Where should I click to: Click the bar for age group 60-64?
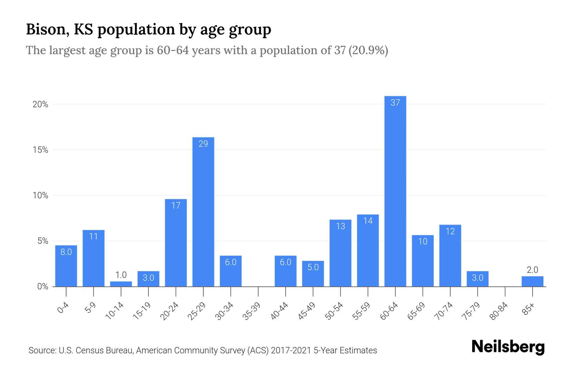[x=395, y=191]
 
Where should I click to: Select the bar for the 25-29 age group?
[x=203, y=212]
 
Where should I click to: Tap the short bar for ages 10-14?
[x=121, y=284]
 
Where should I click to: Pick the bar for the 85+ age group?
[x=532, y=281]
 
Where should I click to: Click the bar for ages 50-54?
[x=340, y=253]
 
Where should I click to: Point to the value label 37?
[x=395, y=103]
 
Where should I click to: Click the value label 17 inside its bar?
[x=176, y=206]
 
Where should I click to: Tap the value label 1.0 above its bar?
[x=121, y=275]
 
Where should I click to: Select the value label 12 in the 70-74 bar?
[x=450, y=231]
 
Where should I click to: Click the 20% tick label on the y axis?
[x=40, y=104]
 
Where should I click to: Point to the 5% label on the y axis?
[x=43, y=241]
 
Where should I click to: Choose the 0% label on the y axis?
[x=43, y=286]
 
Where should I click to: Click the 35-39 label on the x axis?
[x=251, y=311]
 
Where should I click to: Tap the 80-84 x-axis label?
[x=498, y=311]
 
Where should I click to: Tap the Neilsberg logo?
[x=508, y=347]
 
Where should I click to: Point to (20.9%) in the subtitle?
[x=368, y=50]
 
